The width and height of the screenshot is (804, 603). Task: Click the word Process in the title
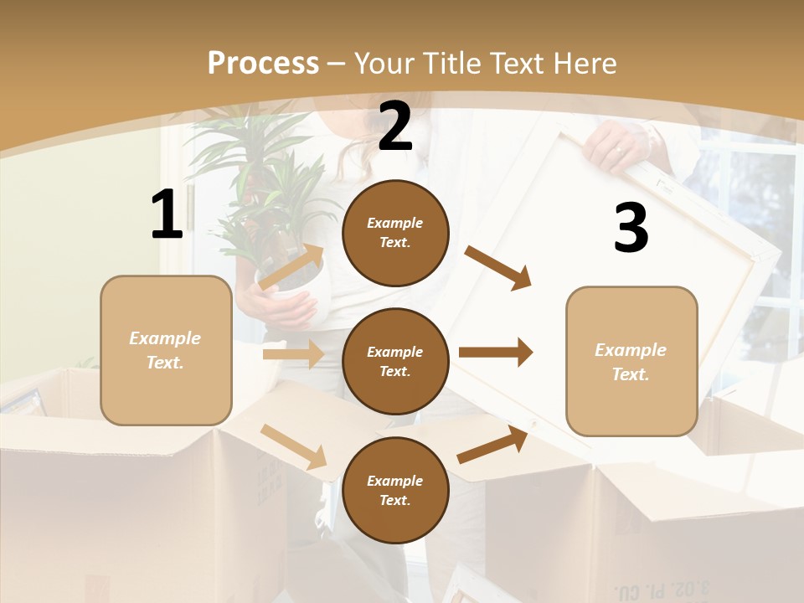point(263,63)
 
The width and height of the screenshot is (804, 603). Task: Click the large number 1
point(167,215)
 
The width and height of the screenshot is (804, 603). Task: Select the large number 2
point(395,126)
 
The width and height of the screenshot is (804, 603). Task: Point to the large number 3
point(631,228)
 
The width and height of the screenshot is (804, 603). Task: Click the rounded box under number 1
point(166,350)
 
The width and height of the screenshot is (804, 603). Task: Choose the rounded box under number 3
point(631,361)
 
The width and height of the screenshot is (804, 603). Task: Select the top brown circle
point(395,233)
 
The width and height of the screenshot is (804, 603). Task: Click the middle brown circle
point(395,361)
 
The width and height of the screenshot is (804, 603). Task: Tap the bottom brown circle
point(395,490)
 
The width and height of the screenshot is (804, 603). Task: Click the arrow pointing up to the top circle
point(291,267)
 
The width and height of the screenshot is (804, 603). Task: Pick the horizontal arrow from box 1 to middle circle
point(292,354)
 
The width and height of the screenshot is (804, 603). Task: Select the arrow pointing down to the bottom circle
point(293,446)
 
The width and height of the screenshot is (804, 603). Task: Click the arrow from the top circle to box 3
point(497,267)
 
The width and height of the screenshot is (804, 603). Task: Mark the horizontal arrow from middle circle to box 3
point(495,353)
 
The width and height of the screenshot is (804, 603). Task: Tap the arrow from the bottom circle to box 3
point(492,445)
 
